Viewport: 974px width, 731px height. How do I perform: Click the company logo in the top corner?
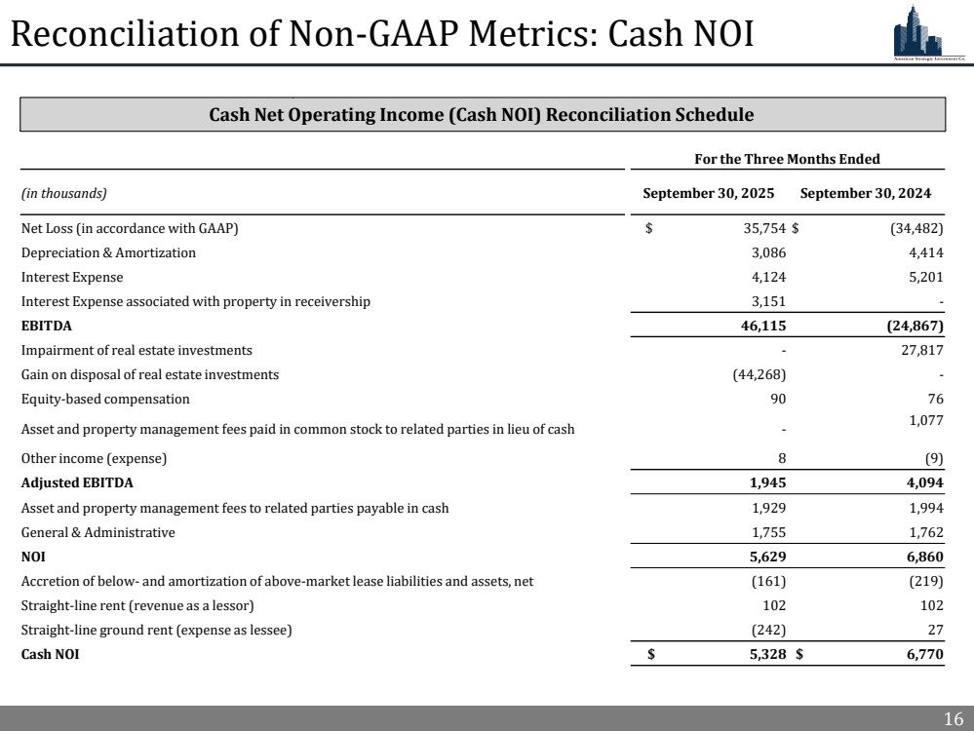tap(928, 36)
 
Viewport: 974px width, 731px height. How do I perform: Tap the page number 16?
tap(953, 719)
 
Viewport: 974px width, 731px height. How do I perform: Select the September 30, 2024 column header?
tap(865, 193)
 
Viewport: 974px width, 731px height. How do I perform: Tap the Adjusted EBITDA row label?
tap(77, 482)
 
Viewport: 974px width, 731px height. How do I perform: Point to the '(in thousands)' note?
tap(63, 194)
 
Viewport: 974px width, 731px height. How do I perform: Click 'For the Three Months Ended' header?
tap(787, 159)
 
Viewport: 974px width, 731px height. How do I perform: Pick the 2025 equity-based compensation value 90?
tap(777, 399)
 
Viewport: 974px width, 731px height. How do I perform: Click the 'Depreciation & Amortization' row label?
tap(108, 252)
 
